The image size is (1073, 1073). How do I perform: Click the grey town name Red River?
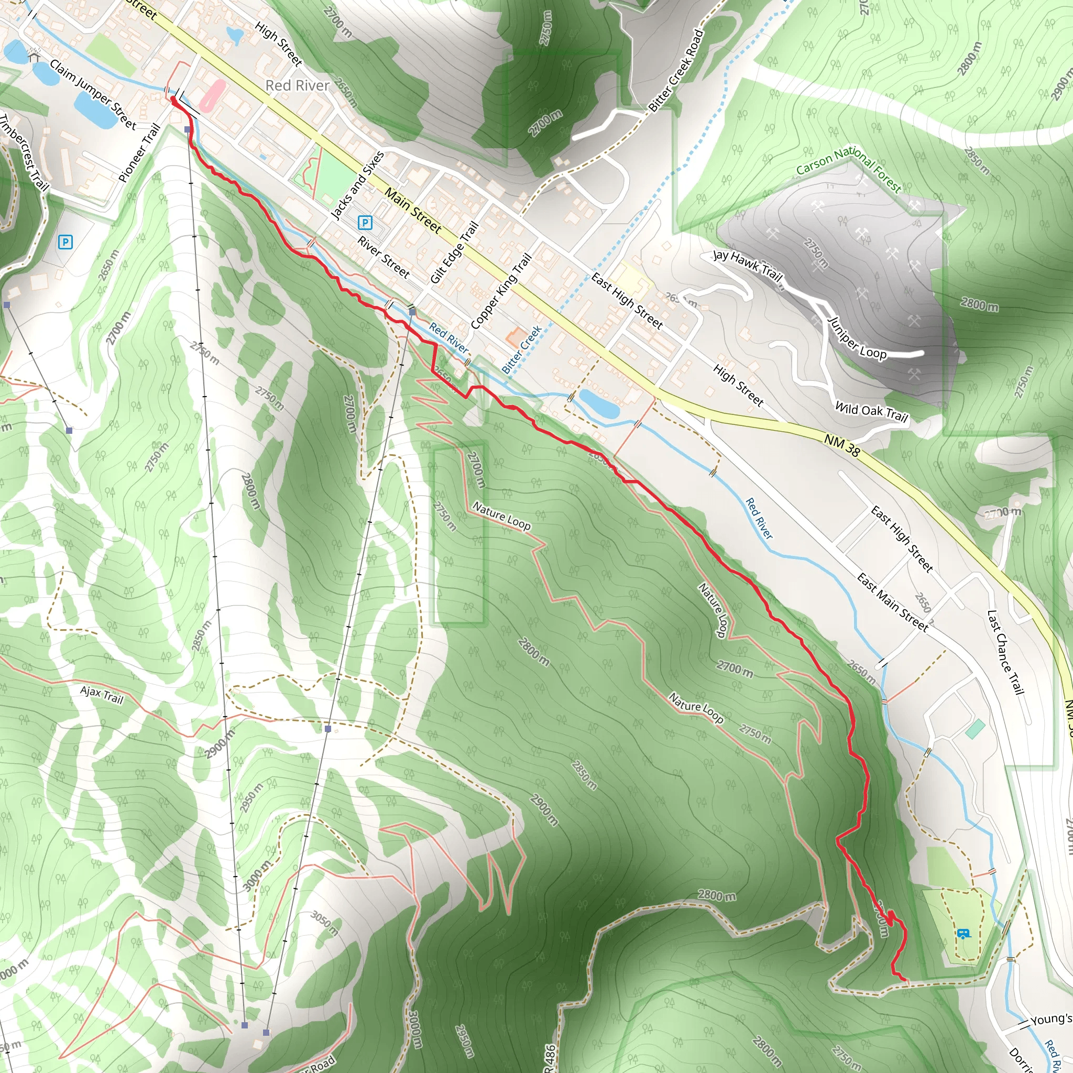(297, 85)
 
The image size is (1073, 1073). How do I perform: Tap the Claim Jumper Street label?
(93, 94)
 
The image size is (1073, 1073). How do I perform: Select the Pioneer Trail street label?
(139, 154)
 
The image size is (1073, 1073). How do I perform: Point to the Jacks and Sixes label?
(357, 185)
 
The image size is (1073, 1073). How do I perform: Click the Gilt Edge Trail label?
(454, 253)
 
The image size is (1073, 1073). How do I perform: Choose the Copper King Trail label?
(501, 291)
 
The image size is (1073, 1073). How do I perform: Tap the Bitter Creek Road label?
(676, 70)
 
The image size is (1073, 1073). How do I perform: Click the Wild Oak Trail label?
(871, 411)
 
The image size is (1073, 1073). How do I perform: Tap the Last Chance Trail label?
(1005, 652)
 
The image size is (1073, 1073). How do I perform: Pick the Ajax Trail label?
(102, 694)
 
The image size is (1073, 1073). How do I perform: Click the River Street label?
(383, 257)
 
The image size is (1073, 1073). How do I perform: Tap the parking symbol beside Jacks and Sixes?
(365, 223)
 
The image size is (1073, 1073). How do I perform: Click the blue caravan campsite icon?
(963, 934)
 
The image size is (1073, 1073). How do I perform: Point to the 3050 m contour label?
(324, 923)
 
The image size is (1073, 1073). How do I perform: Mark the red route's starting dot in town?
(173, 100)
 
